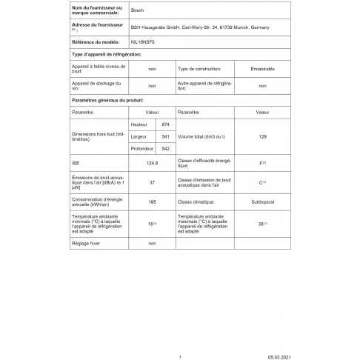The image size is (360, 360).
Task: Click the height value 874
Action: pos(166,124)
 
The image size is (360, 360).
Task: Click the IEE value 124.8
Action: pos(153,162)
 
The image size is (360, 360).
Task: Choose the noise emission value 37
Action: pos(152,181)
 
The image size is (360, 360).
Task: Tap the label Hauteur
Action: pos(139,124)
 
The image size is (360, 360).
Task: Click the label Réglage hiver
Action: pos(85,243)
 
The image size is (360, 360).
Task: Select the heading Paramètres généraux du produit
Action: pos(107,99)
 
